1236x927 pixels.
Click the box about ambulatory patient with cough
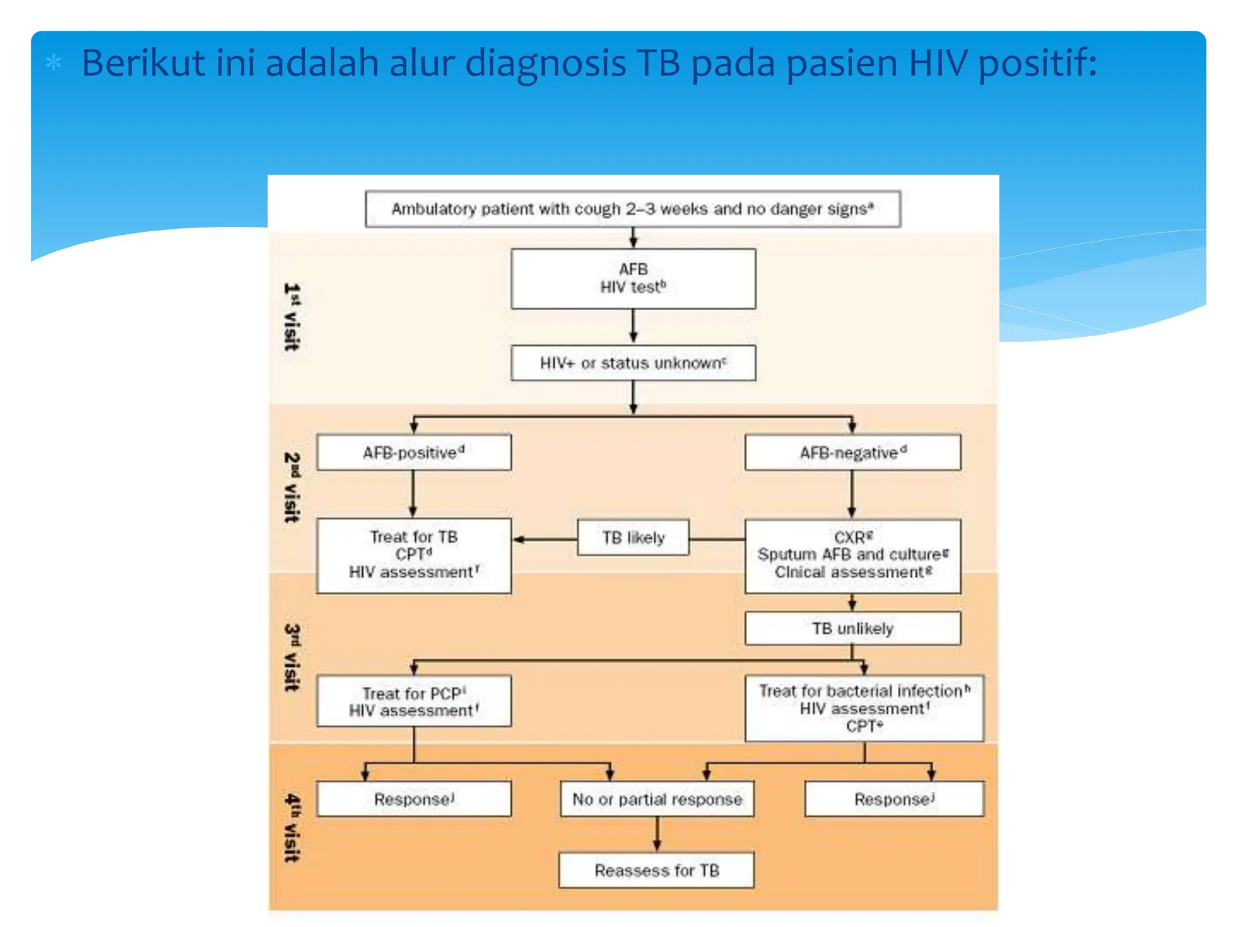[632, 209]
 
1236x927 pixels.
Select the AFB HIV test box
[632, 278]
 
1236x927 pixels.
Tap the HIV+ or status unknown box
[632, 363]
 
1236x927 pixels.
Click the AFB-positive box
[413, 452]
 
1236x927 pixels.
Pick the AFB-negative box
[852, 452]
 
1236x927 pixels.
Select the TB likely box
[632, 537]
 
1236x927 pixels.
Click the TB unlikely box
[852, 628]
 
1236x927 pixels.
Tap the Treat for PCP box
[413, 701]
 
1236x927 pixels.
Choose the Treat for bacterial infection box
[864, 708]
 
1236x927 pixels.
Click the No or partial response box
[657, 799]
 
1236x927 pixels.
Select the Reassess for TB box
[656, 870]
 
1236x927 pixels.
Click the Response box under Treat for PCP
[413, 799]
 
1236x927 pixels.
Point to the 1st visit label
[291, 316]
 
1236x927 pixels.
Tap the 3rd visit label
[291, 657]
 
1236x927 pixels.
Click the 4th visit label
[291, 827]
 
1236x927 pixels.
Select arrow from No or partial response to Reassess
[657, 835]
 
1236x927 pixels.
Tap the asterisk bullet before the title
[54, 63]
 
